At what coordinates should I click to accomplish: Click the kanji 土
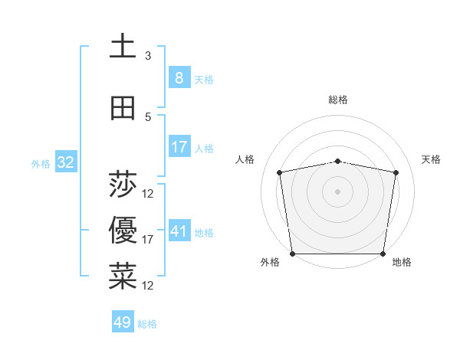point(123,46)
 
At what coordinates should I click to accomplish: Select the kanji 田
point(123,109)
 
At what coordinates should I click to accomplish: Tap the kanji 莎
point(123,185)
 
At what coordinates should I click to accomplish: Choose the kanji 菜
point(123,276)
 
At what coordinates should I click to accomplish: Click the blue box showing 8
point(179,78)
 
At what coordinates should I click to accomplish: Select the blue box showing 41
point(179,231)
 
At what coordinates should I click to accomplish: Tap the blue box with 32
point(65,162)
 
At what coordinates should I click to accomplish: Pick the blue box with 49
point(123,322)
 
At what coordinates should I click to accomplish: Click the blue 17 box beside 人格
point(179,147)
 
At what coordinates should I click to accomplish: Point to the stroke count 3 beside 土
point(148,56)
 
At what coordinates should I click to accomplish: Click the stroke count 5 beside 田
point(148,117)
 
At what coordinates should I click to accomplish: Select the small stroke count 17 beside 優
point(148,240)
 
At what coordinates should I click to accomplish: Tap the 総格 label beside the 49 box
point(148,324)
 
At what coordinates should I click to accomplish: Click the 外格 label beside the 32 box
point(41,163)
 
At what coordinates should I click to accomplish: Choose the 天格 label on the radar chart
point(431,159)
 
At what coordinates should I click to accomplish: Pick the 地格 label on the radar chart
point(402,262)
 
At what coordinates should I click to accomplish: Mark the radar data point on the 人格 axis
point(280,172)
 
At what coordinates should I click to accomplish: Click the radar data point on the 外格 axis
point(292,254)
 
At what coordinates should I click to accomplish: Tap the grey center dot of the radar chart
point(337,191)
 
